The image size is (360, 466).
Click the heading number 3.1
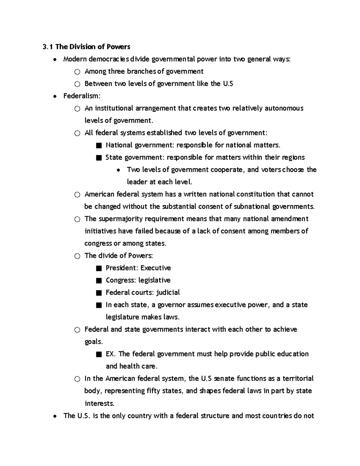(48, 47)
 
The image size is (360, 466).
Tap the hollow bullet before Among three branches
(77, 72)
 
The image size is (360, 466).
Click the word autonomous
(284, 108)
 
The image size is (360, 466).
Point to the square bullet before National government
(99, 146)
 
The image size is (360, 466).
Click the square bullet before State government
(99, 158)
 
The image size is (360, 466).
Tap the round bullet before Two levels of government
(119, 170)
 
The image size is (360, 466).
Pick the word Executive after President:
(155, 268)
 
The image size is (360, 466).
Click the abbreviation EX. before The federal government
(110, 354)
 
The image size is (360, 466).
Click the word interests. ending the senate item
(99, 403)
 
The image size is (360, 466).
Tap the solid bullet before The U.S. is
(55, 416)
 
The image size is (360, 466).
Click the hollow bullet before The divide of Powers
(77, 256)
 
